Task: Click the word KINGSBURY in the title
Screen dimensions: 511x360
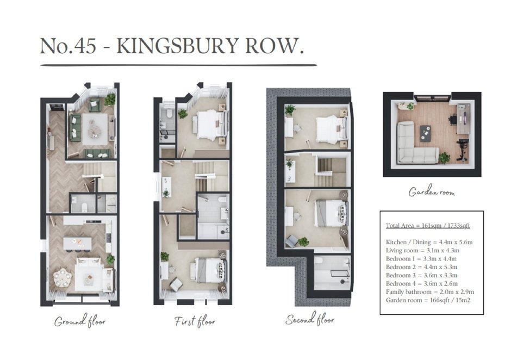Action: coord(177,46)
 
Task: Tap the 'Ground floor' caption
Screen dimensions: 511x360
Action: coord(80,321)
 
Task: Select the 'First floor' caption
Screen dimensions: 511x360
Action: coord(195,321)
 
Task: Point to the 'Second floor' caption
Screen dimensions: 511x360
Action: coord(310,319)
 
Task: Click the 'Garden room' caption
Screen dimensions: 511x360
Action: coord(432,191)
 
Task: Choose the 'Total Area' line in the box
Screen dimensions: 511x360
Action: coord(428,225)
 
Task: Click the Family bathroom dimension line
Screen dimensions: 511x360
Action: coord(430,292)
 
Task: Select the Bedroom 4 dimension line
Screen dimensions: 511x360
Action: coord(422,283)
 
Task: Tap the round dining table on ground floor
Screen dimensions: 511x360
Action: coord(63,277)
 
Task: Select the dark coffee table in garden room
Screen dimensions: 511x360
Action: coord(425,133)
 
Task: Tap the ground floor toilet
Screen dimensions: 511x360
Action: coord(84,206)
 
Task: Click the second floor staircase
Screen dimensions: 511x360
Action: coord(330,171)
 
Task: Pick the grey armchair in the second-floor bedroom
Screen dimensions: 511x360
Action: coord(292,241)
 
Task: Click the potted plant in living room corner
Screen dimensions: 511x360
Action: coord(110,99)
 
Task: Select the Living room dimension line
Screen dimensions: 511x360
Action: coord(422,251)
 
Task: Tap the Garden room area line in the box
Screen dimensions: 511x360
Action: coord(428,300)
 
